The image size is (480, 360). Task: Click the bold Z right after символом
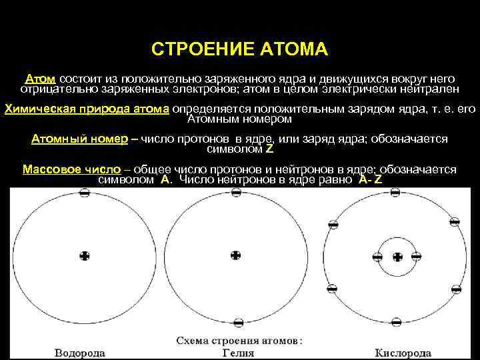[269, 149]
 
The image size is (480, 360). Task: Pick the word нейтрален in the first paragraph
[428, 89]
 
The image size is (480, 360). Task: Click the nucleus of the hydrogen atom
[84, 255]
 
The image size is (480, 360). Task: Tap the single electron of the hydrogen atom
[84, 192]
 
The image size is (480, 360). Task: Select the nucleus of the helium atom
[235, 255]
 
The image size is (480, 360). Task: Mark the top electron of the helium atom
[235, 192]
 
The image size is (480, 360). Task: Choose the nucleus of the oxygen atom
[397, 257]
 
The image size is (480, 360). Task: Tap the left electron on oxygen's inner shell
[377, 257]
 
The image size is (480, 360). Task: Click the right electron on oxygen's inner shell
[417, 257]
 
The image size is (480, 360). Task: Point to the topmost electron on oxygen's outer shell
[397, 192]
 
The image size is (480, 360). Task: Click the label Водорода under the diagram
[79, 352]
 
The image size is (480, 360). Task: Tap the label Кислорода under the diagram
[399, 352]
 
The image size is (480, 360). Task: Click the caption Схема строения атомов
[239, 340]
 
